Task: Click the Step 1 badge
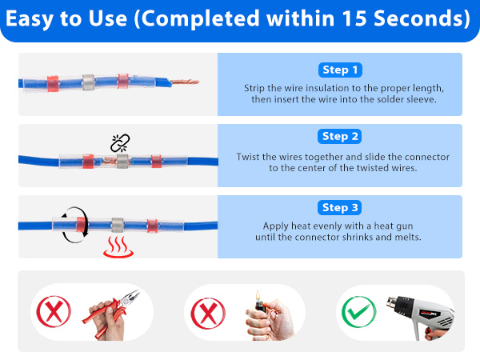(340, 70)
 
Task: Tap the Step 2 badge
(340, 136)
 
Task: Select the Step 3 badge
(340, 207)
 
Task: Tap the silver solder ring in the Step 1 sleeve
(88, 82)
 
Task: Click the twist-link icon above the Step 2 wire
(119, 142)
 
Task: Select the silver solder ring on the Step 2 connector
(123, 161)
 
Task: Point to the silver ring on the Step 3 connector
(119, 226)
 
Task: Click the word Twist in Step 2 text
(250, 157)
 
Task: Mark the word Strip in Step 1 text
(257, 86)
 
